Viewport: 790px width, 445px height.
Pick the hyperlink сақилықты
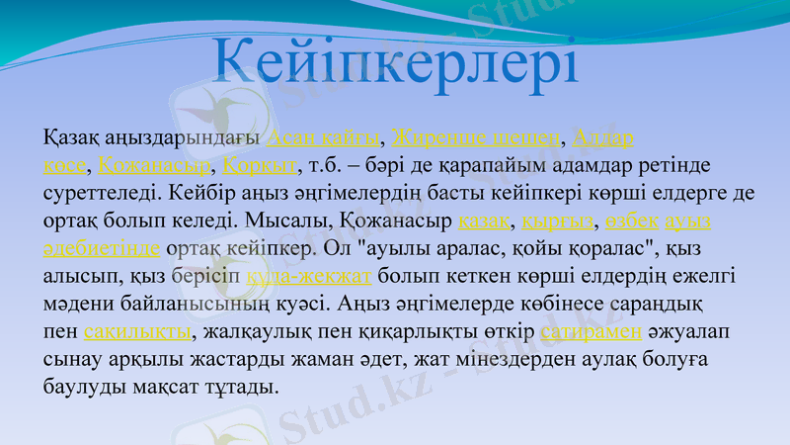(x=137, y=329)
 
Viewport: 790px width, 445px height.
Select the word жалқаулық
(x=256, y=329)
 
